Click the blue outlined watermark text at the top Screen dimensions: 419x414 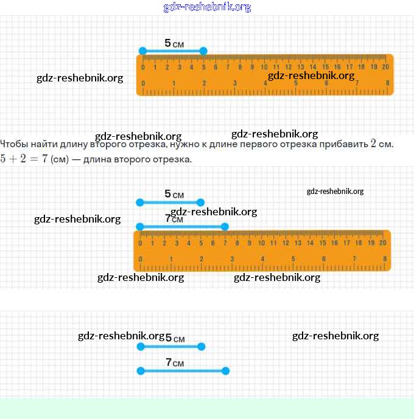207,7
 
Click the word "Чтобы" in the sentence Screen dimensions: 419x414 13,145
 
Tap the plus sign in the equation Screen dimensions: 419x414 13,159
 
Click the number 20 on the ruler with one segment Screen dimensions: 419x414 385,67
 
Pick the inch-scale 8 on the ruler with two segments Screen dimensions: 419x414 385,259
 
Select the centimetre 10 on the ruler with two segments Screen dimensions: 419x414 262,243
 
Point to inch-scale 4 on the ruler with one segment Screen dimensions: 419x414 265,83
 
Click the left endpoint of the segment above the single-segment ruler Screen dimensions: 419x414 142,51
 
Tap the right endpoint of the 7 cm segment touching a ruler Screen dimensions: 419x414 225,227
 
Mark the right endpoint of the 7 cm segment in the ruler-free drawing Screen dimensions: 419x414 225,370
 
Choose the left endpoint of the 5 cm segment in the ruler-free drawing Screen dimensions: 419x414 140,347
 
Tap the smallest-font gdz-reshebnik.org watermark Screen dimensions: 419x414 335,191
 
